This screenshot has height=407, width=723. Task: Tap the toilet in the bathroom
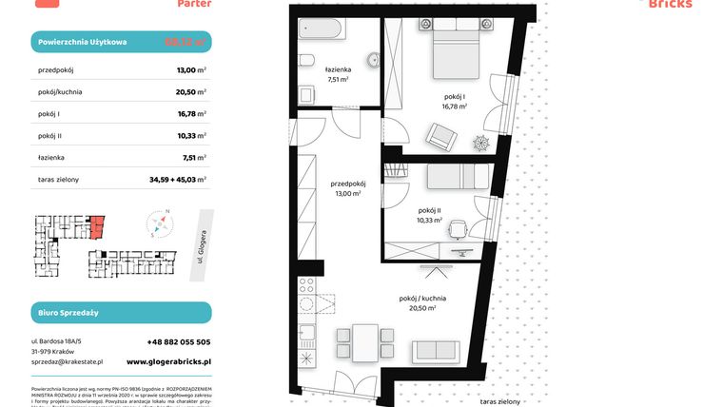pyautogui.click(x=306, y=62)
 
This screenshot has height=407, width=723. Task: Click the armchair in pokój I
pyautogui.click(x=441, y=139)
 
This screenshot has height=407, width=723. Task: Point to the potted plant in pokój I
pyautogui.click(x=481, y=143)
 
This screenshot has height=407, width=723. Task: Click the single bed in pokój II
pyautogui.click(x=457, y=178)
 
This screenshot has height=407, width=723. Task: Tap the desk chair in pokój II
pyautogui.click(x=458, y=229)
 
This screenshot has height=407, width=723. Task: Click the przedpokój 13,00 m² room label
pyautogui.click(x=345, y=189)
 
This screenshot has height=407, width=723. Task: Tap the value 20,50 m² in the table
pyautogui.click(x=191, y=91)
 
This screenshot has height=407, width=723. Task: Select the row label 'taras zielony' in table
pyautogui.click(x=59, y=179)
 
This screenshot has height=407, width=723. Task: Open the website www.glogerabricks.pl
pyautogui.click(x=168, y=361)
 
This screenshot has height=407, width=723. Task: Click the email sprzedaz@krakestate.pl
pyautogui.click(x=67, y=361)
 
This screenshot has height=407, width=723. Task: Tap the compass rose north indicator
pyautogui.click(x=167, y=211)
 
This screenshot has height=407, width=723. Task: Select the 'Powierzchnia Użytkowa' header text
pyautogui.click(x=85, y=43)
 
